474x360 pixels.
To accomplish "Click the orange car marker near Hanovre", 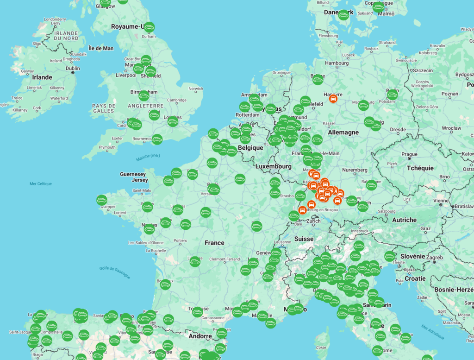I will pyautogui.click(x=332, y=98).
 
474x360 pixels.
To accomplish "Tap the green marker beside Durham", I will pyautogui.click(x=149, y=27).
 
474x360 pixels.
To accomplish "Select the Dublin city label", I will pyautogui.click(x=73, y=68).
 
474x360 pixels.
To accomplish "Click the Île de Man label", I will pyautogui.click(x=100, y=48).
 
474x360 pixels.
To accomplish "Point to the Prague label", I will pyautogui.click(x=410, y=154).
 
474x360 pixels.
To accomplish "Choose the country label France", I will pyautogui.click(x=214, y=243).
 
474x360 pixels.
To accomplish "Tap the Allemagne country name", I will pyautogui.click(x=343, y=133).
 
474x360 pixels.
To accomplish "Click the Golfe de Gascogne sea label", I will pyautogui.click(x=114, y=272).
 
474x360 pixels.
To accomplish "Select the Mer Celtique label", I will pyautogui.click(x=41, y=183).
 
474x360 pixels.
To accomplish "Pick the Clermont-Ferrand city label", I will pyautogui.click(x=224, y=259).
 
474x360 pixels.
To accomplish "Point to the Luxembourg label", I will pyautogui.click(x=273, y=166).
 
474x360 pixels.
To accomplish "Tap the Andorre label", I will pyautogui.click(x=200, y=336).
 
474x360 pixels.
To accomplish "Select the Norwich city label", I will pyautogui.click(x=195, y=88).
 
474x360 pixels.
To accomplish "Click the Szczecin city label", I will pyautogui.click(x=423, y=70).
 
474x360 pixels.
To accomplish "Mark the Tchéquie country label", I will pyautogui.click(x=420, y=168).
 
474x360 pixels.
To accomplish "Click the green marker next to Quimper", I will pyautogui.click(x=102, y=200).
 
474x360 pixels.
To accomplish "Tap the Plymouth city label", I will pyautogui.click(x=107, y=147).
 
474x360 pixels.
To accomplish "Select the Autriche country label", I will pyautogui.click(x=404, y=220).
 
